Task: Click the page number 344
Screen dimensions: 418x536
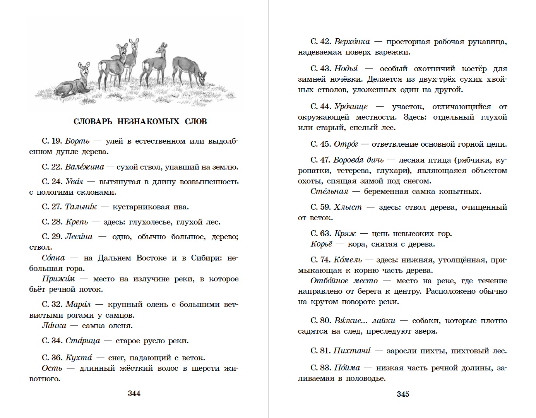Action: click(134, 394)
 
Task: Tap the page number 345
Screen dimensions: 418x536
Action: click(402, 394)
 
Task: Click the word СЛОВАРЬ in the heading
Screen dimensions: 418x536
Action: click(92, 122)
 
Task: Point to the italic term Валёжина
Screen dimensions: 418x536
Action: click(84, 167)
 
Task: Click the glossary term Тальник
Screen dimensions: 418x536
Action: click(81, 207)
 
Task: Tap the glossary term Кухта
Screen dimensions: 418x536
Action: click(79, 358)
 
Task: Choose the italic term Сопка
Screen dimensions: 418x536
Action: click(53, 258)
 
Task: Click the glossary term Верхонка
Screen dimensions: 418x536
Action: click(352, 41)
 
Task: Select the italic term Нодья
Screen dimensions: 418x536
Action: click(346, 69)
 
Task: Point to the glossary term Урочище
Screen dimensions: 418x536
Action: click(351, 106)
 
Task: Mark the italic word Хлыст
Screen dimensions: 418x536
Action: click(348, 207)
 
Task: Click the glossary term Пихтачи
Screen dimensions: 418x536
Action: click(352, 351)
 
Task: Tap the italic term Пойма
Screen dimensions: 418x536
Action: click(347, 368)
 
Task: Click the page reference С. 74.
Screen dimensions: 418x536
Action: click(320, 260)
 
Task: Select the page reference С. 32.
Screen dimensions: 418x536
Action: click(52, 304)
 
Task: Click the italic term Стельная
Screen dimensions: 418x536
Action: click(329, 191)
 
